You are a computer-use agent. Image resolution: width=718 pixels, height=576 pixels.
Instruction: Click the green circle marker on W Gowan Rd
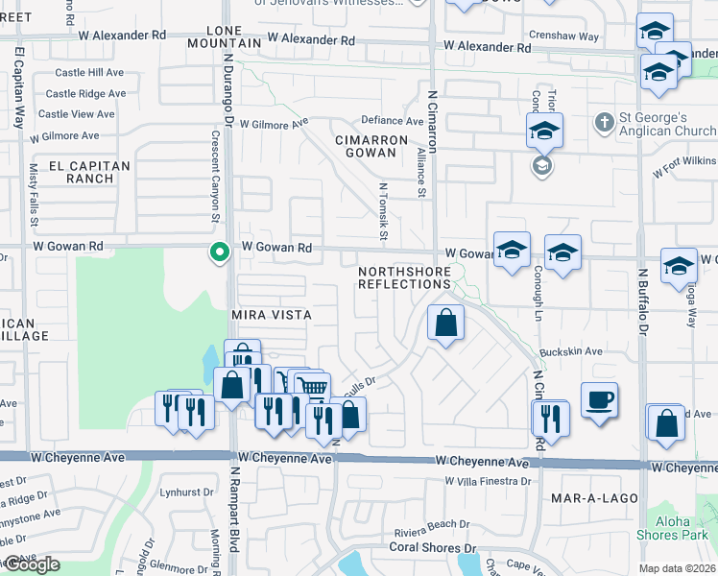220,252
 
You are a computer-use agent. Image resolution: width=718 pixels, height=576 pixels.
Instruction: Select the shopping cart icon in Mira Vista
312,388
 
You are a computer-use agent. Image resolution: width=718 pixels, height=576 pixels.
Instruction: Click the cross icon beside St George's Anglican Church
604,122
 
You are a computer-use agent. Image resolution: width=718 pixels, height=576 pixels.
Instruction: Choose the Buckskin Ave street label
570,352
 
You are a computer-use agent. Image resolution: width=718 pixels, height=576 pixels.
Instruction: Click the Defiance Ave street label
392,121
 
